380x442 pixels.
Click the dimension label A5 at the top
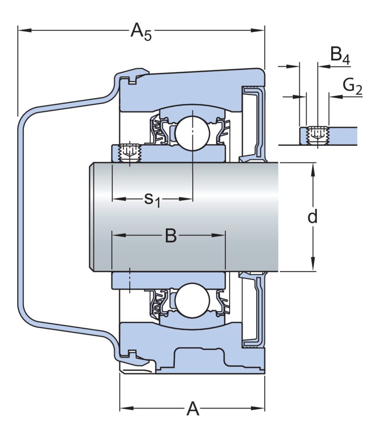[x=141, y=32]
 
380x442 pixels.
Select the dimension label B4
[x=339, y=56]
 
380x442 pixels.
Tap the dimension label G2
[x=352, y=86]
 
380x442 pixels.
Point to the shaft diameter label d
[x=313, y=216]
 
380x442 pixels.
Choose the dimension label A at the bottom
[x=193, y=408]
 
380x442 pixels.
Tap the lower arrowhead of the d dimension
[x=313, y=267]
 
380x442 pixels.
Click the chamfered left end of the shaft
[x=92, y=216]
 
